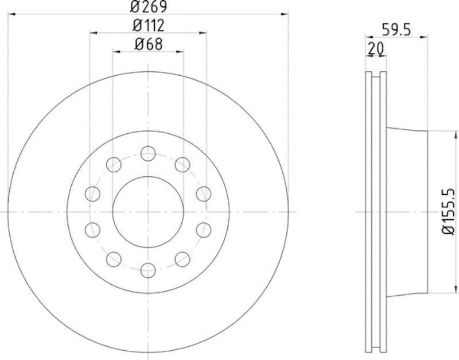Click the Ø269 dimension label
point(148,7)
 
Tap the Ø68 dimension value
point(148,43)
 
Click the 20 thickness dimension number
point(376,48)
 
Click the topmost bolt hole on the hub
point(148,153)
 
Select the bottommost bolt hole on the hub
point(148,269)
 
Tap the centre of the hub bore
point(148,211)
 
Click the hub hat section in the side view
point(407,211)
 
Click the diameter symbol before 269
point(135,7)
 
